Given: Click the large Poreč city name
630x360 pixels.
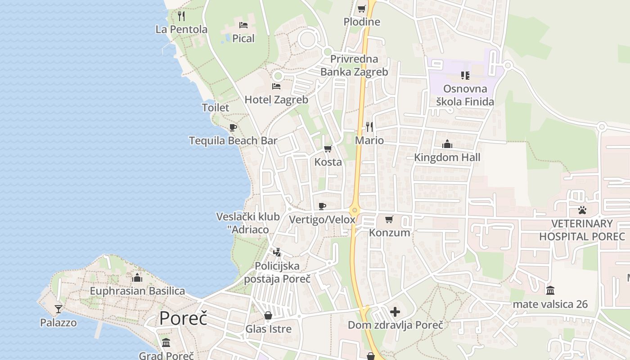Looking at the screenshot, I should point(183,318).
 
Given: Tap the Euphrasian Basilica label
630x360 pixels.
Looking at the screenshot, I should point(137,291).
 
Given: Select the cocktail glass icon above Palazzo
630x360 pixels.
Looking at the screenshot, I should point(58,309).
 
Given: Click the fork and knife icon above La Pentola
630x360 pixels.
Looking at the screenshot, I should point(181,16).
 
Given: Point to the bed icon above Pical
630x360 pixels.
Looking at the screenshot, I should point(243,25).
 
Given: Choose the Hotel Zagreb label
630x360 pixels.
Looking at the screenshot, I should point(276,99).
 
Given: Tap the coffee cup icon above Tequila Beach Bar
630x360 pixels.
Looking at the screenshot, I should point(233,127).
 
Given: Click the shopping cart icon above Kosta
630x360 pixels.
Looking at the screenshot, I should point(328,148).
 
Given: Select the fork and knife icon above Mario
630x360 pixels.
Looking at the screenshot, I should point(369,127).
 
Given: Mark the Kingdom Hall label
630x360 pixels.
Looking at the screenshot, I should point(447,157).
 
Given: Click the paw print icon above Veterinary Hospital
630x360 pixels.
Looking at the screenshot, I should point(582,210).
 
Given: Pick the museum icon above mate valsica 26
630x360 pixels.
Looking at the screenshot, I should point(550,291).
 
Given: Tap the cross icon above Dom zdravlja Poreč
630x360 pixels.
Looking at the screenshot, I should point(395,311).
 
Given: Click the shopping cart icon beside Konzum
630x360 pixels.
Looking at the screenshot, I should point(389,220).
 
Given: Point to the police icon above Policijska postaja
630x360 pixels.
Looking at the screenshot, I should point(277,252).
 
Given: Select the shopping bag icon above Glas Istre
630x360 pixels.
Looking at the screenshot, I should point(268,315).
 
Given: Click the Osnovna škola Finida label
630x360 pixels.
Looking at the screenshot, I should point(465,95).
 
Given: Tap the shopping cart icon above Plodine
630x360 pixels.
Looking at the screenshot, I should point(361,9).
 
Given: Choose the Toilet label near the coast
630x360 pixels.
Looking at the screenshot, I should point(216,108).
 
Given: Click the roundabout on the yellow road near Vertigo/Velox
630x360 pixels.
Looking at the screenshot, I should point(355,210).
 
